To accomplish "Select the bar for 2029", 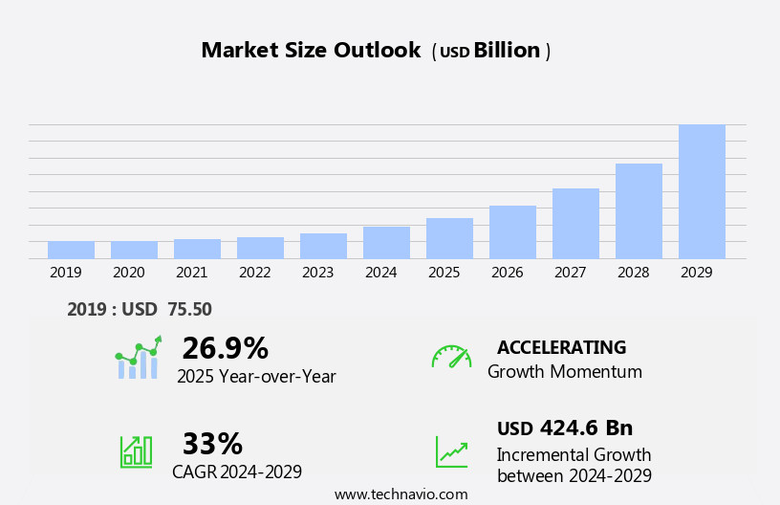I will [x=702, y=191].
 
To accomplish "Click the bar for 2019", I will [x=71, y=250].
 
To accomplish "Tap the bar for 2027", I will [x=575, y=224].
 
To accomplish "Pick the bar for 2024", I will [x=386, y=243].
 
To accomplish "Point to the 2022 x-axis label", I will [x=254, y=273].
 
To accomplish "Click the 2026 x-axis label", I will [x=507, y=273].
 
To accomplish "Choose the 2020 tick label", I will [x=128, y=273].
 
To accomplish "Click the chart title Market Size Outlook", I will [x=311, y=51].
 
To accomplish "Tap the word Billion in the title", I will [x=507, y=51].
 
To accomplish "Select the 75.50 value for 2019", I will [x=189, y=309].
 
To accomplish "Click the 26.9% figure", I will [x=225, y=348].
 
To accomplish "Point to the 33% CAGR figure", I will [x=212, y=444].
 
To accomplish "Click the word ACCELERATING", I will [x=561, y=347].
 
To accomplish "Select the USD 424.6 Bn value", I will [x=565, y=428].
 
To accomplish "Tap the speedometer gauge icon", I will [x=451, y=357].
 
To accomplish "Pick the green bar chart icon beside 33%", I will [x=136, y=450].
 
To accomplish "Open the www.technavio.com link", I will [x=401, y=494].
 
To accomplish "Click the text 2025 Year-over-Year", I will [x=256, y=377].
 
